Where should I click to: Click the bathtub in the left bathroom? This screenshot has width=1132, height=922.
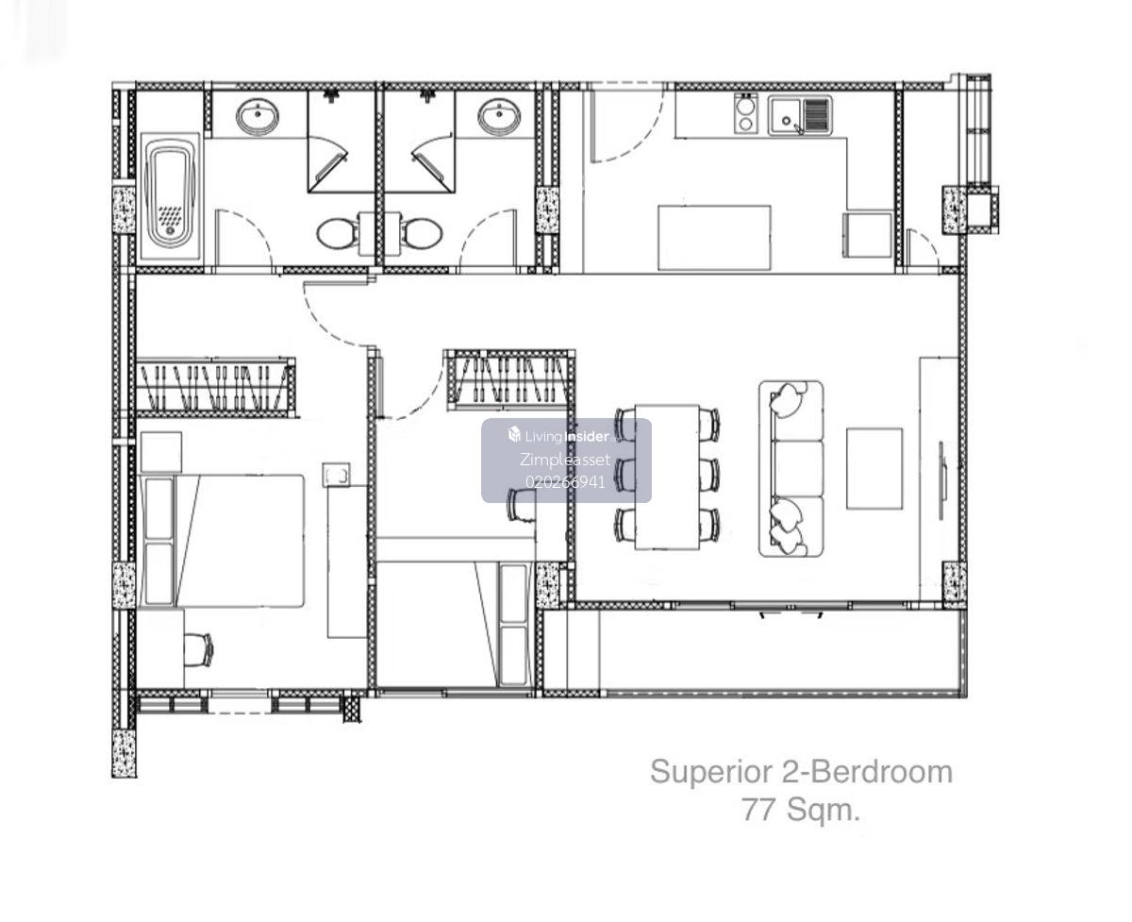[170, 195]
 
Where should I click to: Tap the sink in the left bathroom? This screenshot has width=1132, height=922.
[258, 118]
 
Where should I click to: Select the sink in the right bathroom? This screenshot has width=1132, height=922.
[499, 118]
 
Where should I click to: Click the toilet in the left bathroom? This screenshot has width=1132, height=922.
[337, 234]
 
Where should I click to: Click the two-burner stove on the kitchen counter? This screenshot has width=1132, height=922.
[745, 113]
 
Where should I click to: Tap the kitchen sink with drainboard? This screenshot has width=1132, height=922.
[799, 115]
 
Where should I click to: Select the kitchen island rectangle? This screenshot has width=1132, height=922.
[714, 238]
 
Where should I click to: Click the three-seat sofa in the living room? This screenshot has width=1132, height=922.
[791, 468]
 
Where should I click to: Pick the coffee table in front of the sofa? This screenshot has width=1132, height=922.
[874, 468]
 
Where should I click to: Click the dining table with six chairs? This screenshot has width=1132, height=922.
[667, 477]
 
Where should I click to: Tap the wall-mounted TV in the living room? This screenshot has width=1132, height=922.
[941, 480]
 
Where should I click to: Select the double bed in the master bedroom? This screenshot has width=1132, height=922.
[222, 541]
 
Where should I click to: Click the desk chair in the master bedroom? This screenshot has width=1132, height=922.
[201, 648]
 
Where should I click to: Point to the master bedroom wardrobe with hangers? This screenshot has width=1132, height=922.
[216, 387]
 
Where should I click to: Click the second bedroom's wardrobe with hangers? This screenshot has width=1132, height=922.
[508, 379]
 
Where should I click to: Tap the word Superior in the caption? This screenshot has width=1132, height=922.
[711, 773]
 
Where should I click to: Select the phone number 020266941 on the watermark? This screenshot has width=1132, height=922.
[565, 482]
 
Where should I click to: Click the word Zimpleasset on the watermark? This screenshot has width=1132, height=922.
[565, 459]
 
